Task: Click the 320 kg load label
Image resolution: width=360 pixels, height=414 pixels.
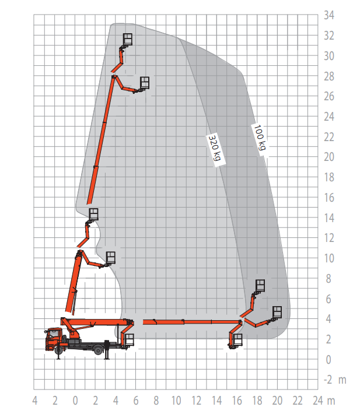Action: point(216,150)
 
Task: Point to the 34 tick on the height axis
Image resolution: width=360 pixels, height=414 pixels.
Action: point(329,15)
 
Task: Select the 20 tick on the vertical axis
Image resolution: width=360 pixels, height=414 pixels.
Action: point(329,157)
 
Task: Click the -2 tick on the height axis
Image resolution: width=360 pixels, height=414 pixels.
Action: point(328,380)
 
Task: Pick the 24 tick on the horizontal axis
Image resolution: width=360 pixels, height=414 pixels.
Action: point(317,401)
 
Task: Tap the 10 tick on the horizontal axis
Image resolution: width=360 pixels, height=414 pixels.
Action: point(176,401)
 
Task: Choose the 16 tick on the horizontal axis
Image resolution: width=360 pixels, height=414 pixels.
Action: point(237,401)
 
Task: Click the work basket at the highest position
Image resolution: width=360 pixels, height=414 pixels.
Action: point(128,39)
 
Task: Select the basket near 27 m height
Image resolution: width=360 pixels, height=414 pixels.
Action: point(145,83)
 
